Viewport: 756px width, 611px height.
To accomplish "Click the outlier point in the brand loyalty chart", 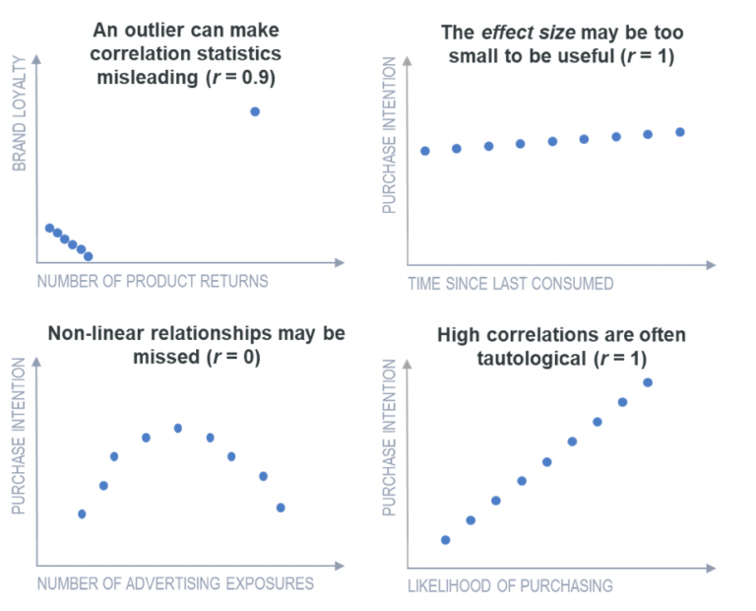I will [x=255, y=111].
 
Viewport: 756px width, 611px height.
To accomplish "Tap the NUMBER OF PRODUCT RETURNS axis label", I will [x=153, y=281].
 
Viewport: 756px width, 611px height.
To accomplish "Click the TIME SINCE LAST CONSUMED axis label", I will [x=511, y=284].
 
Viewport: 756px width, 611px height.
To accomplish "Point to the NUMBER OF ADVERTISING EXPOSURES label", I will [x=175, y=583].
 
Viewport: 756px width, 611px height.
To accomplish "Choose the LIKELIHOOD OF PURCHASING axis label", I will [x=510, y=585].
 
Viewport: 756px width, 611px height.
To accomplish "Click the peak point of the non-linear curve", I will [x=178, y=428].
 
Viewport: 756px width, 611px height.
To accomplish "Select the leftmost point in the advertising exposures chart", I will [x=82, y=513].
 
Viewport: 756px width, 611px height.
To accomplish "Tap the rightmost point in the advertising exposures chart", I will [x=281, y=508].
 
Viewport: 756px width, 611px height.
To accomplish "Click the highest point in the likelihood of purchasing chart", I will [x=648, y=382].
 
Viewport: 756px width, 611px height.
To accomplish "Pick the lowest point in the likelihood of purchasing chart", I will [x=446, y=540].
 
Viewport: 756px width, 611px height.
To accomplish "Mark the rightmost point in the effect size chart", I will [x=680, y=131].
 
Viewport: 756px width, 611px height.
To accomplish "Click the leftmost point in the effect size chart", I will [x=425, y=151].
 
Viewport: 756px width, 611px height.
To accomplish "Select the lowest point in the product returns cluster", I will [x=89, y=256].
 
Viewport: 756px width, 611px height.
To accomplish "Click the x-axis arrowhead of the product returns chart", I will [x=341, y=263].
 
